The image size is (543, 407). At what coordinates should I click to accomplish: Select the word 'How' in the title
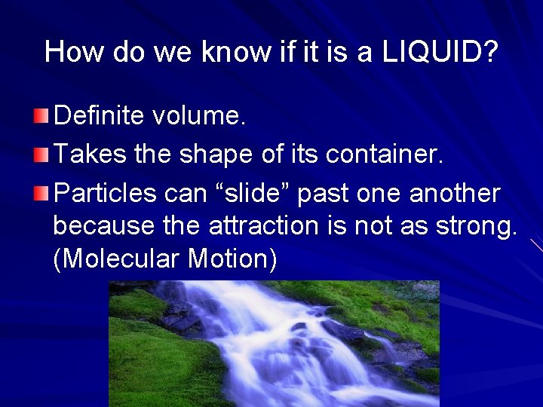[72, 52]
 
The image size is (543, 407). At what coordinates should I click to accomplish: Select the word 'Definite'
[99, 116]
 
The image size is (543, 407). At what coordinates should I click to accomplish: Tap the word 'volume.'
[199, 116]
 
